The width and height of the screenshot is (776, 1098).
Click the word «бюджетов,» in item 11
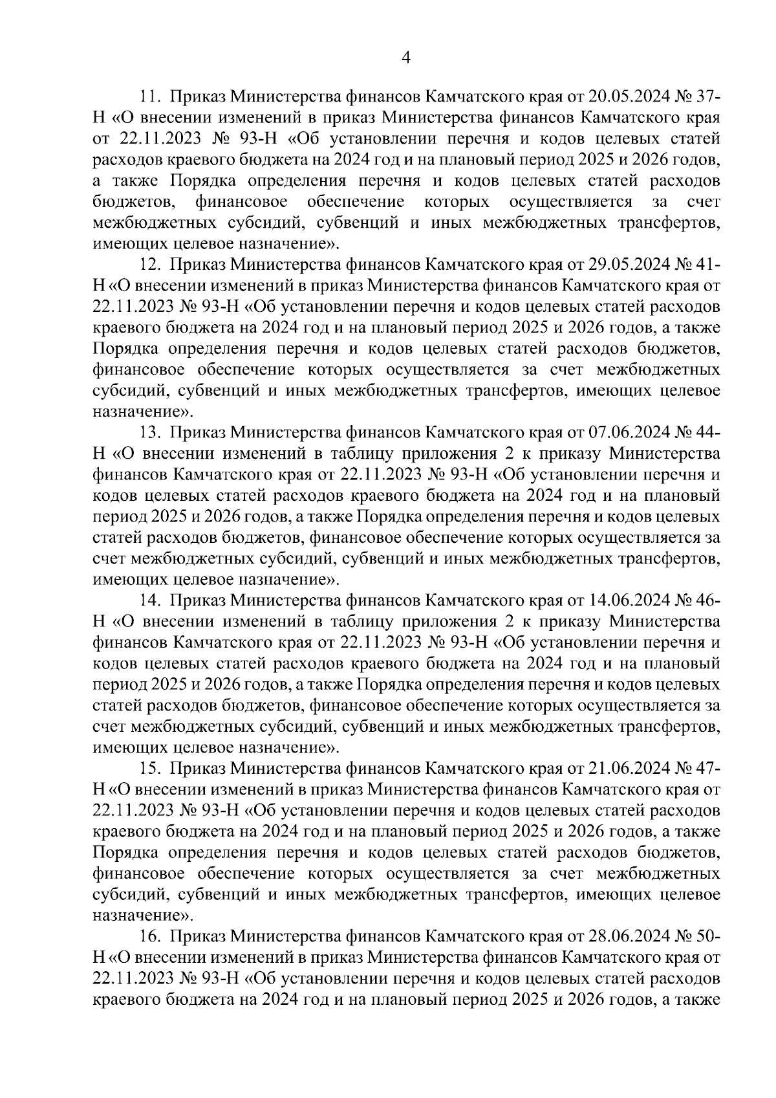tap(135, 203)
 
